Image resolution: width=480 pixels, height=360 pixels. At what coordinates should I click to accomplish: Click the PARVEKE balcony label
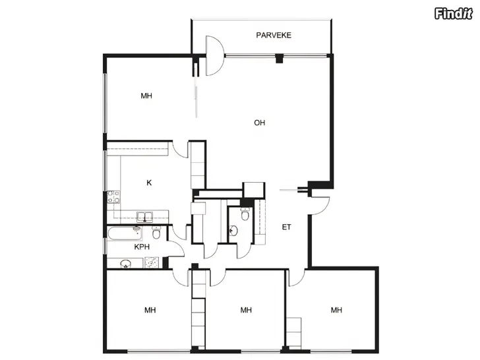pos(274,35)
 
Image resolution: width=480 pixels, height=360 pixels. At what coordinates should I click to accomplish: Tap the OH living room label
pos(259,123)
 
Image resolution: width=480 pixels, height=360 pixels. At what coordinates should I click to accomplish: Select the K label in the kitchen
pos(149,183)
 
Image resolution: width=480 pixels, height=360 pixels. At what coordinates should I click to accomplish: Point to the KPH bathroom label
pos(142,247)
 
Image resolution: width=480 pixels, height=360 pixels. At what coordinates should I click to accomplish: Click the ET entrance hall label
pos(286,227)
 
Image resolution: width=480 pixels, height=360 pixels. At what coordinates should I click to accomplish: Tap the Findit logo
pos(454,13)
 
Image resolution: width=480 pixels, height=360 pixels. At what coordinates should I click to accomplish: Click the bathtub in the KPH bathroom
pos(125,234)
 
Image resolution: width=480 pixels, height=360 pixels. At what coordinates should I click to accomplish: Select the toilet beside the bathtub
pos(156,232)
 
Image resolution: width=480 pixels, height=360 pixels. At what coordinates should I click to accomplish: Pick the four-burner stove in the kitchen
pos(113,197)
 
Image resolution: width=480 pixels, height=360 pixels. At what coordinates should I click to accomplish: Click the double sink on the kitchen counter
pos(145,217)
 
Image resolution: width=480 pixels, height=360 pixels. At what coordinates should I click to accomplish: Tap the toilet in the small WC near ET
pos(245,214)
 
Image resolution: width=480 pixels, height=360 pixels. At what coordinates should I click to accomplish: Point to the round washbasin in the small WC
pos(233,231)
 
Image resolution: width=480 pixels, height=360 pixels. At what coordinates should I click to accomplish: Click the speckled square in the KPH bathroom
pos(152,262)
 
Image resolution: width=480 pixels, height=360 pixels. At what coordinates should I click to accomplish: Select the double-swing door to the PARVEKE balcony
pos(214,55)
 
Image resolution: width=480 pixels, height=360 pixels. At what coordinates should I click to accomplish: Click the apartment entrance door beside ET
pos(320,206)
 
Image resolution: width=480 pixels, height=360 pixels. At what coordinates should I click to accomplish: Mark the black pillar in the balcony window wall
pos(279,58)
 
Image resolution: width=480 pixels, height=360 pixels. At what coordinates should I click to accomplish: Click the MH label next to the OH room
pos(146,96)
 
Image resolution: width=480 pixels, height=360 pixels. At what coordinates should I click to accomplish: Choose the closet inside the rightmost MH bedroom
pos(294,332)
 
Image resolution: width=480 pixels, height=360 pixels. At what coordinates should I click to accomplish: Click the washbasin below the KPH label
pos(125,264)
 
